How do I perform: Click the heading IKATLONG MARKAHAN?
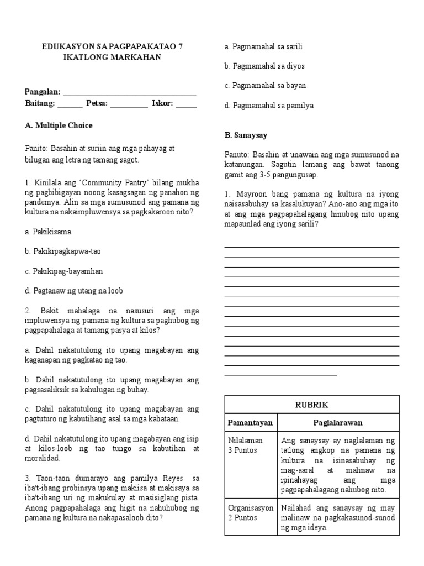pos(112,57)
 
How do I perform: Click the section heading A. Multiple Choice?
pos(59,125)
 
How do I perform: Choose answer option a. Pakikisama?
pos(48,232)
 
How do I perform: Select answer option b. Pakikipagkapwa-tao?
pos(63,251)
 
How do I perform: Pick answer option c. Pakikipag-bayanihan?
pos(64,271)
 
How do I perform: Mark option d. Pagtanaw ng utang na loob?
pos(74,291)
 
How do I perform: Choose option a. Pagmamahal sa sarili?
pos(263,46)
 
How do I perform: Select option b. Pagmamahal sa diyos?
pos(264,66)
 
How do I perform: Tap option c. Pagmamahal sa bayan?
pos(265,86)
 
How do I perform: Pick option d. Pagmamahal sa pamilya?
pos(269,106)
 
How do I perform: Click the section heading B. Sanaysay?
pos(246,135)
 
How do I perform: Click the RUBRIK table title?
pos(311,405)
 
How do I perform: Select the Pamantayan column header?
pos(251,422)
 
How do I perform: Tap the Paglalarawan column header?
pos(338,422)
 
